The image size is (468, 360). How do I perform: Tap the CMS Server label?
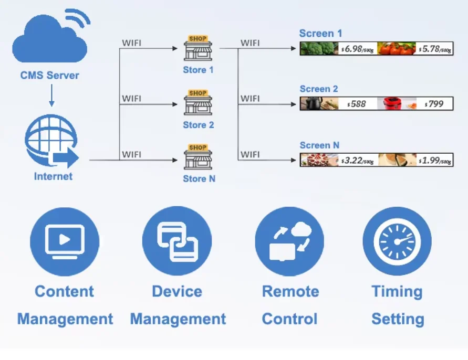(x=50, y=75)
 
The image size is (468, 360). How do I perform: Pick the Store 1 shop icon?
(x=198, y=48)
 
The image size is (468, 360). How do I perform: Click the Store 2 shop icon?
(x=198, y=103)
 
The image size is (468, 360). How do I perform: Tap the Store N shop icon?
(x=198, y=157)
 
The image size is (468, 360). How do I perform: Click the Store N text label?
(x=199, y=179)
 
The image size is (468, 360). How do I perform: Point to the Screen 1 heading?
(x=317, y=34)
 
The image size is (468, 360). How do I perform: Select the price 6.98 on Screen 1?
(x=358, y=49)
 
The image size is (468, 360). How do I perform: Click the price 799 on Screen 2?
(x=435, y=103)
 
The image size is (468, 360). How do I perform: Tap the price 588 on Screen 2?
(x=357, y=104)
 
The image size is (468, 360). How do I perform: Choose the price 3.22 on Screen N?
(x=358, y=160)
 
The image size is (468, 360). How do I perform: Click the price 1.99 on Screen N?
(x=435, y=160)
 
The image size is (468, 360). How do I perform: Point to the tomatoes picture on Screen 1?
(x=396, y=49)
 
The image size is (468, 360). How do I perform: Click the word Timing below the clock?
(x=397, y=292)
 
